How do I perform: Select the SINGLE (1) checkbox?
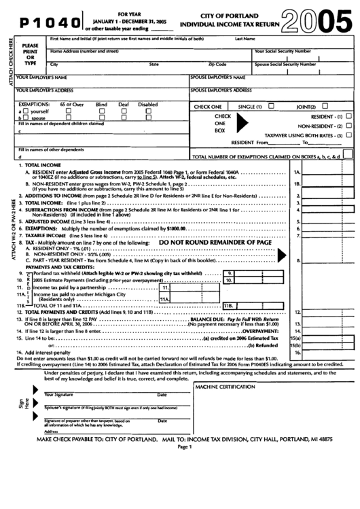pyautogui.click(x=271, y=106)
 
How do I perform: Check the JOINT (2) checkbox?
pyautogui.click(x=325, y=106)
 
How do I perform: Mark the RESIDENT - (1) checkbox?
pyautogui.click(x=348, y=117)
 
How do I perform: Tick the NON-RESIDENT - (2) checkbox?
pyautogui.click(x=348, y=126)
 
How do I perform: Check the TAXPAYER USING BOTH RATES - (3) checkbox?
pyautogui.click(x=348, y=135)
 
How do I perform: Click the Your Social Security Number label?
pyautogui.click(x=283, y=52)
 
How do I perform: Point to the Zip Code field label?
pyautogui.click(x=217, y=64)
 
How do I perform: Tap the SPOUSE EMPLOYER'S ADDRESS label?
pyautogui.click(x=223, y=90)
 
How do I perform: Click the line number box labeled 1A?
pyautogui.click(x=297, y=173)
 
